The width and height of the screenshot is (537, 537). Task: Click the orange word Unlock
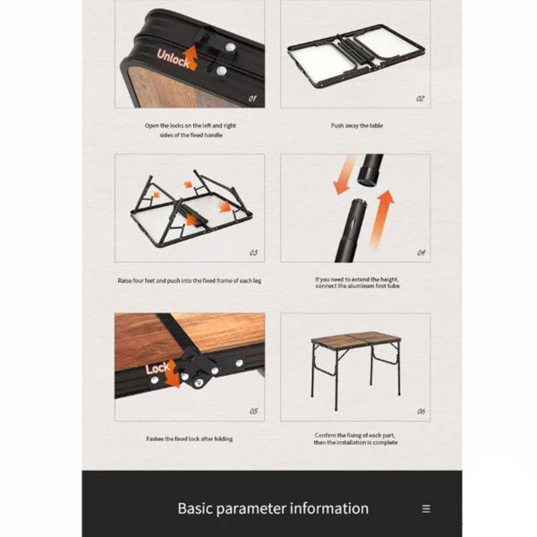pos(173,58)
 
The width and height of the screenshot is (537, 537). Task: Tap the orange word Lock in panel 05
pos(158,369)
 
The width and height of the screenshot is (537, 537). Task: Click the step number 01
pos(252,98)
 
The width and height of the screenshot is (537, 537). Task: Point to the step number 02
pos(421,98)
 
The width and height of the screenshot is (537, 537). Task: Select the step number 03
pos(253,252)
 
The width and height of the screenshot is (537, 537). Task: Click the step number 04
pos(422,252)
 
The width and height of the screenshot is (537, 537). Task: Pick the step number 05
pos(253,412)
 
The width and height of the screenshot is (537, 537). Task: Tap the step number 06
pos(422,412)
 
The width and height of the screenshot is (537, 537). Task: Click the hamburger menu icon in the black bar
pos(426,508)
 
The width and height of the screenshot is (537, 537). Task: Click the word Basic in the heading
pos(195,508)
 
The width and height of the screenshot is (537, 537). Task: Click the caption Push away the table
pos(357,125)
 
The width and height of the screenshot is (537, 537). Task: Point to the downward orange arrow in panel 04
pos(345,175)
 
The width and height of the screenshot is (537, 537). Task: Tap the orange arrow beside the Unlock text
pos(191,57)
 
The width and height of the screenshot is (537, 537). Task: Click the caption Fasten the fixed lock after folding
pos(190,439)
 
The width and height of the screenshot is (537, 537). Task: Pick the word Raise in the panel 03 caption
pos(124,281)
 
